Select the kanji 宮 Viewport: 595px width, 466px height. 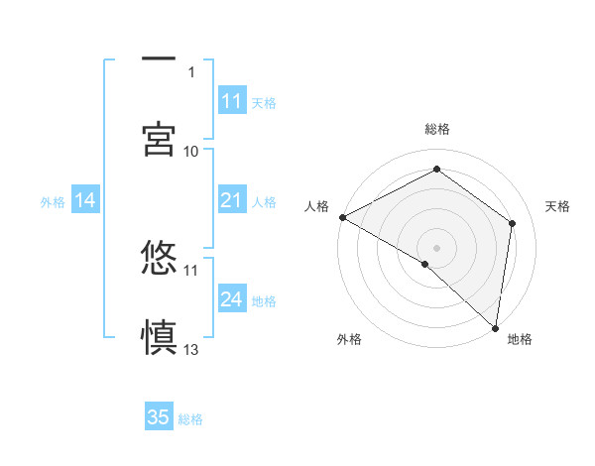coord(159,138)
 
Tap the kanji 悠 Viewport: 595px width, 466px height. coord(159,259)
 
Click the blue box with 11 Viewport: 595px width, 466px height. coord(232,101)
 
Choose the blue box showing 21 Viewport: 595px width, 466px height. coord(232,201)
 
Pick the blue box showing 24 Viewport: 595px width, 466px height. coord(232,299)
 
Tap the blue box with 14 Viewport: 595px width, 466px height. coord(85,201)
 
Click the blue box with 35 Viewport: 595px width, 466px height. coord(159,417)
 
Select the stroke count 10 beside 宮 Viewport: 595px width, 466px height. coord(191,151)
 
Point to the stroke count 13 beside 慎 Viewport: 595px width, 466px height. coord(191,349)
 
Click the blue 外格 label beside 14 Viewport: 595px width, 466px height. coord(53,202)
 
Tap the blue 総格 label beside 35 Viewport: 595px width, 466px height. coord(190,418)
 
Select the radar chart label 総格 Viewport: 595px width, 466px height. coord(436,129)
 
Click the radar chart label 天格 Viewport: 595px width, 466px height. coord(558,206)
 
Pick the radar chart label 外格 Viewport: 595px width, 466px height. coord(349,339)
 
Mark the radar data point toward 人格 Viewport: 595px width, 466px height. coord(342,216)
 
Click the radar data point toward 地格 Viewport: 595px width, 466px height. coord(495,327)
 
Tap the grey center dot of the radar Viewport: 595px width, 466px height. coord(436,247)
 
